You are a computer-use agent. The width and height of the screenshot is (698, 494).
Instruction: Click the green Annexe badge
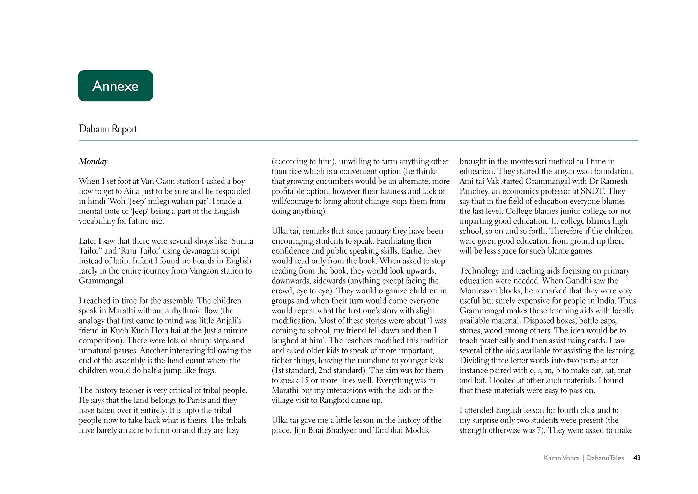115,86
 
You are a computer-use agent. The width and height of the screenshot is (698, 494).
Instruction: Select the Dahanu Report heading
108,129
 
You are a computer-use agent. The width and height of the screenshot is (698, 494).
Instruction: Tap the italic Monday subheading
93,161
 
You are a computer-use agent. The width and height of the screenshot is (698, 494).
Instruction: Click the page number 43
637,458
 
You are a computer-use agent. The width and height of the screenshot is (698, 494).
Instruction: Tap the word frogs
207,370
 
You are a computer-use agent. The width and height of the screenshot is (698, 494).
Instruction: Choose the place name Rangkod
335,400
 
